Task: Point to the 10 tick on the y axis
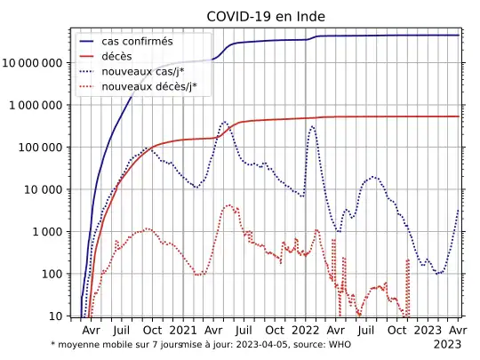pos(56,316)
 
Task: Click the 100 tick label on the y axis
pos(52,274)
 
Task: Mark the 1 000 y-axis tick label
pos(48,232)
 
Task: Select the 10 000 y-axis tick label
pos(44,189)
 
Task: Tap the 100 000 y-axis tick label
pos(41,148)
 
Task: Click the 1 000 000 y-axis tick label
pos(36,106)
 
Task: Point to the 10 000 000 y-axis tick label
pos(33,63)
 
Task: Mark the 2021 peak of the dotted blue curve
pos(224,122)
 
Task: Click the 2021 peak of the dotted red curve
pos(228,205)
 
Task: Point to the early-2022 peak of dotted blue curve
pos(312,126)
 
